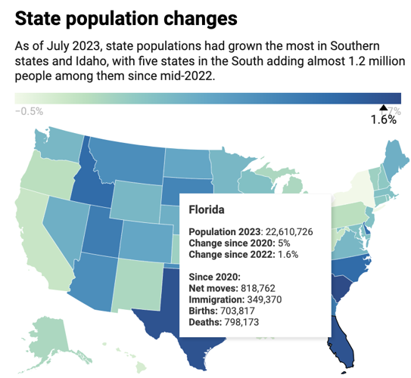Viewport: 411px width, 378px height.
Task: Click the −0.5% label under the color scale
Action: pos(29,110)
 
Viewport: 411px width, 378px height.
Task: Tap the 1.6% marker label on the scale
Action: pos(383,120)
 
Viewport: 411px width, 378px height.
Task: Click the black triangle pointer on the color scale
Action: pos(383,108)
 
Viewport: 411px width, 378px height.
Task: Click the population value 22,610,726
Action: pos(288,231)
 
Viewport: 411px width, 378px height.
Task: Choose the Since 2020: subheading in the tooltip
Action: pos(214,277)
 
